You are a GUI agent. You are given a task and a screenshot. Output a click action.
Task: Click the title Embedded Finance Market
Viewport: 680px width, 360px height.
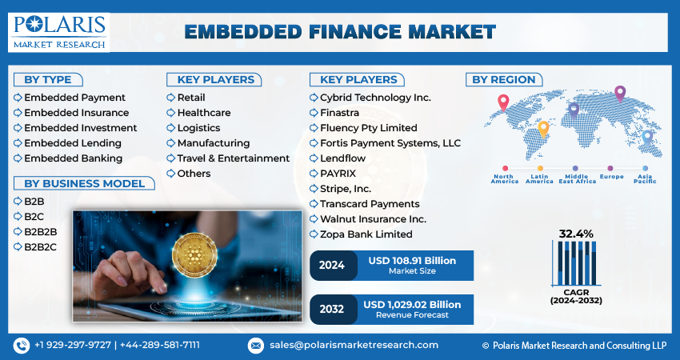340,33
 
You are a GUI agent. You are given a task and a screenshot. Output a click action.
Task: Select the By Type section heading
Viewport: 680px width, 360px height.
47,79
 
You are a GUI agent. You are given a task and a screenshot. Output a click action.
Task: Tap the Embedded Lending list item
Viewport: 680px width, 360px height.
72,143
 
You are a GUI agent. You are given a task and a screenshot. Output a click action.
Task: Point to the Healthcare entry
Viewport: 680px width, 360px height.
203,113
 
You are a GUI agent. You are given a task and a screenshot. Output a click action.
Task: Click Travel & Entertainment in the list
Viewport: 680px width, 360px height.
233,158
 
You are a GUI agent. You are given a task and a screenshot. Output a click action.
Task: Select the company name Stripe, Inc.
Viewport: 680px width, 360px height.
345,189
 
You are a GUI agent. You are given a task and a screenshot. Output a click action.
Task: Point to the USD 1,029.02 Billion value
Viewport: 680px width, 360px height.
412,305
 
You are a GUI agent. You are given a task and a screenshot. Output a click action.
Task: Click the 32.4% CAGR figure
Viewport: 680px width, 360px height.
575,234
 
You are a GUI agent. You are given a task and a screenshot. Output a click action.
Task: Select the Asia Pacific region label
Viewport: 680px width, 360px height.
644,179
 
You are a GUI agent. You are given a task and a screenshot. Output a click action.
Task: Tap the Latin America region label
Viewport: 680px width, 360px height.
539,179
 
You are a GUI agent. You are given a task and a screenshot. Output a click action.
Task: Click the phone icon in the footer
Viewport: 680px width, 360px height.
22,345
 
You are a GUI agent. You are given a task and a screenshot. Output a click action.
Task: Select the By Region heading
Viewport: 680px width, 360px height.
503,79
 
